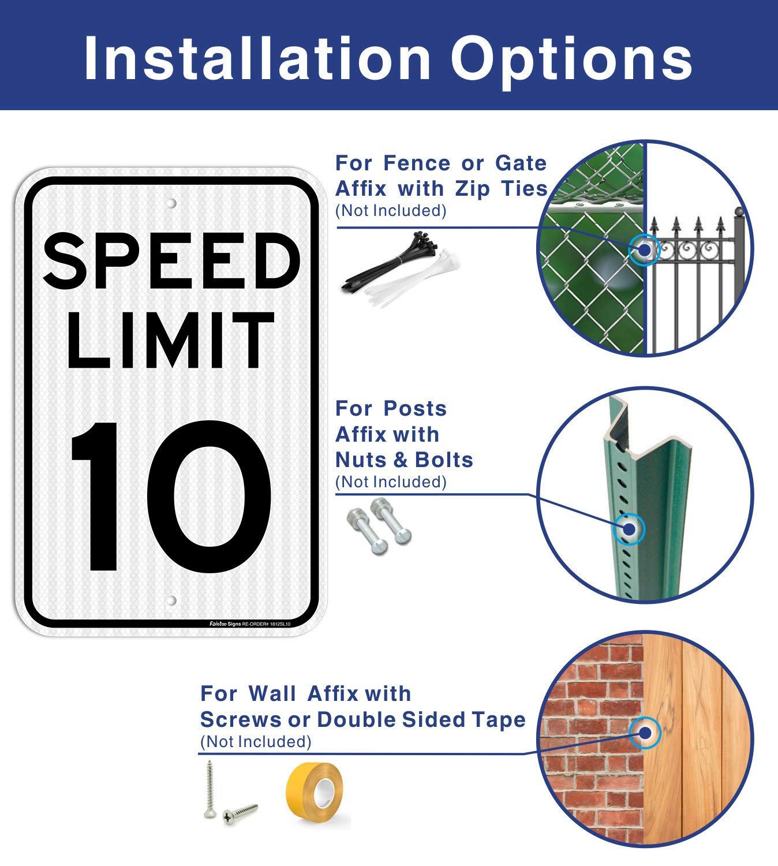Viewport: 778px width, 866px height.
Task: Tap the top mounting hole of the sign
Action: [x=171, y=204]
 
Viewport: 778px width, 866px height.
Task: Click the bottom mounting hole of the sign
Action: [x=171, y=601]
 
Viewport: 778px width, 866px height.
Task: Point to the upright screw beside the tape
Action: [x=209, y=790]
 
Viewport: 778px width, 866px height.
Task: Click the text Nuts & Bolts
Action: [x=404, y=460]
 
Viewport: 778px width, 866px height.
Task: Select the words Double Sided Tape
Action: [x=421, y=720]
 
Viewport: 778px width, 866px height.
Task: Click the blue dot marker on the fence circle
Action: [x=643, y=251]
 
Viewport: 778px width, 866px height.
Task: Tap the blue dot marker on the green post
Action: [x=627, y=529]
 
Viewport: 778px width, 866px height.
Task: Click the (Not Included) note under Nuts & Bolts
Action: [x=391, y=481]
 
